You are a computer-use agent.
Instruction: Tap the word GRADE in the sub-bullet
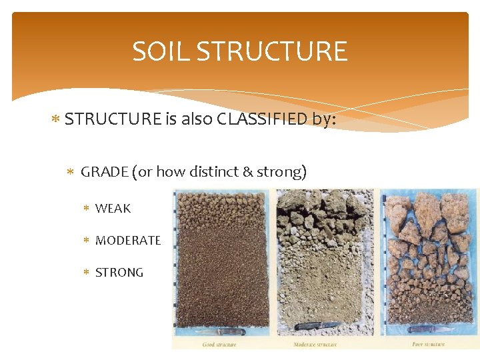[x=105, y=172]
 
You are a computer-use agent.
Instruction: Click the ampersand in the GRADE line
[x=247, y=172]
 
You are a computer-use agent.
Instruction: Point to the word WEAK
[x=113, y=209]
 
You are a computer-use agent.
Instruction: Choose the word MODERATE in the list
[x=128, y=241]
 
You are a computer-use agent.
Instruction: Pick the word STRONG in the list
[x=119, y=273]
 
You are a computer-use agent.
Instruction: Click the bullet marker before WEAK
[x=86, y=209]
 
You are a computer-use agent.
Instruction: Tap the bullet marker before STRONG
[x=86, y=273]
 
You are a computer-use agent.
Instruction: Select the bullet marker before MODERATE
[x=86, y=241]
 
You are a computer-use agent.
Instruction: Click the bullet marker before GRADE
[x=71, y=172]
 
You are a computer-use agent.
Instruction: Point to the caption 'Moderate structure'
[x=315, y=344]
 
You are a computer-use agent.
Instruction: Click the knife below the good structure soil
[x=225, y=331]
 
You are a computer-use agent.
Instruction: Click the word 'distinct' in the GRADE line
[x=214, y=172]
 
